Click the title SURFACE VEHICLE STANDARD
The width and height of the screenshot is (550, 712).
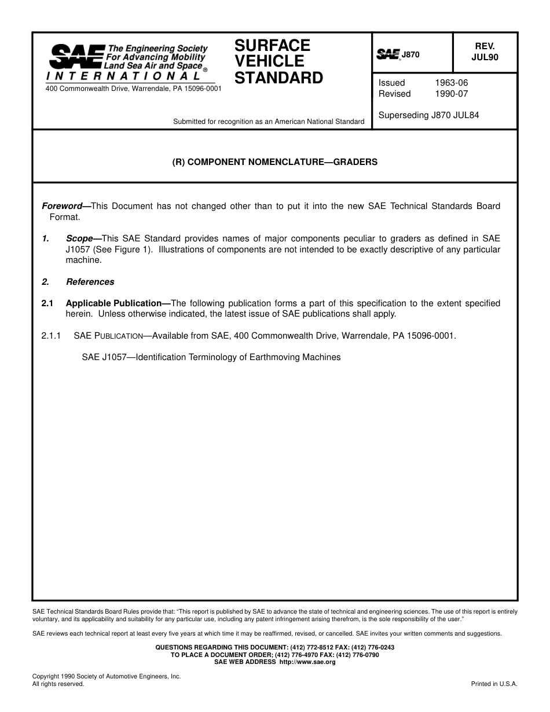click(x=278, y=61)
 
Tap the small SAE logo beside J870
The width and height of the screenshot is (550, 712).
click(x=388, y=54)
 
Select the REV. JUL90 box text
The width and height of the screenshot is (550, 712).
click(x=485, y=52)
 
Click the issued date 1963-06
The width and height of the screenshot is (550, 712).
click(x=451, y=83)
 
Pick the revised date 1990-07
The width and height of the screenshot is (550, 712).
click(x=451, y=94)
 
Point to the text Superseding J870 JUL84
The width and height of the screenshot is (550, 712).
click(x=428, y=115)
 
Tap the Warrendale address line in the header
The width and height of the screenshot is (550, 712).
click(x=133, y=89)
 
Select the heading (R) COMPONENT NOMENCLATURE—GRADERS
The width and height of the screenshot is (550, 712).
click(x=274, y=162)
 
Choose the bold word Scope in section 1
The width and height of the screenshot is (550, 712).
click(x=79, y=238)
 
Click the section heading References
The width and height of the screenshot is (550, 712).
click(x=90, y=282)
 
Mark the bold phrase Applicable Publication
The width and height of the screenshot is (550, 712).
click(x=113, y=303)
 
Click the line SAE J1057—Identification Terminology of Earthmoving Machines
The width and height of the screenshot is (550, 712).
click(x=211, y=357)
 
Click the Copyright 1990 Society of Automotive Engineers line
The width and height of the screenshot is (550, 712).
click(x=107, y=676)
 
